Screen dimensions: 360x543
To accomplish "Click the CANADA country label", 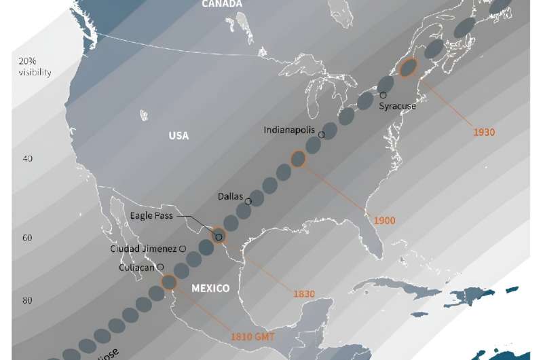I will pos(221,4).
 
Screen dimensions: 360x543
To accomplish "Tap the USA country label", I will pos(179,136).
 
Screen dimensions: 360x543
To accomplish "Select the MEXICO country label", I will pos(210,288).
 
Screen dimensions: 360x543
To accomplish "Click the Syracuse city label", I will pos(398,106).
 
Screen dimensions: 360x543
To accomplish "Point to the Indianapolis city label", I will pos(290,130).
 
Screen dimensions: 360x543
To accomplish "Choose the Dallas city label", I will pos(230,196).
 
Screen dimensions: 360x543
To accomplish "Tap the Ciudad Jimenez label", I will pos(143,249).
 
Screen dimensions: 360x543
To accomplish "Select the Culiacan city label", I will pos(136,267).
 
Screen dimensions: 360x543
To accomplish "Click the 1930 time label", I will pos(484,132).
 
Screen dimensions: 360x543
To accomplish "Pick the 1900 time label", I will pos(384,221).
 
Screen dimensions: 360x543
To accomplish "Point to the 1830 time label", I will pos(303,293).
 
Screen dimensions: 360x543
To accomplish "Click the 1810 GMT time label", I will pos(252,336).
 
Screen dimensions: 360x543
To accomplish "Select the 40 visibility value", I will pos(28,158).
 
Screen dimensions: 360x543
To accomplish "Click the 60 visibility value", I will pos(28,238).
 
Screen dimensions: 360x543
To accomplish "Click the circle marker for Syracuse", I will pos(383,96).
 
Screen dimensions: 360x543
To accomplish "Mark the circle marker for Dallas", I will pos(248,201).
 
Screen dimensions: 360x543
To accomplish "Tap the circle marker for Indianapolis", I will pos(321,134).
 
